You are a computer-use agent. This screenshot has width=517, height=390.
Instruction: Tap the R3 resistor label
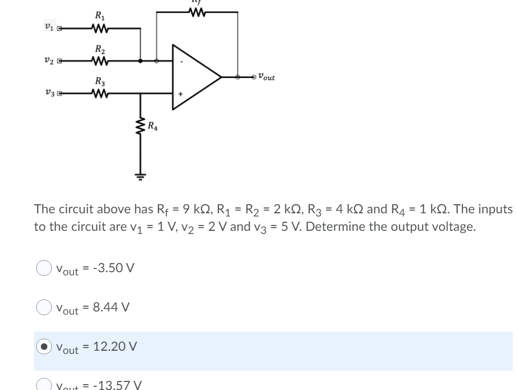99,82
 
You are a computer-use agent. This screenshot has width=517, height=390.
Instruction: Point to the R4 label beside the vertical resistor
152,126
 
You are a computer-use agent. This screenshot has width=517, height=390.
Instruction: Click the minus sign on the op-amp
180,62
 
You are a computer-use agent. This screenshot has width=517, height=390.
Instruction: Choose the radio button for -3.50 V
43,268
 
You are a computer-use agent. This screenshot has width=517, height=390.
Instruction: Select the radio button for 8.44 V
43,307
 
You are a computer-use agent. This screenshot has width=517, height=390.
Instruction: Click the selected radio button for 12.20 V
43,346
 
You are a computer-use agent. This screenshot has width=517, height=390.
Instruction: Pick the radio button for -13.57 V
43,384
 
